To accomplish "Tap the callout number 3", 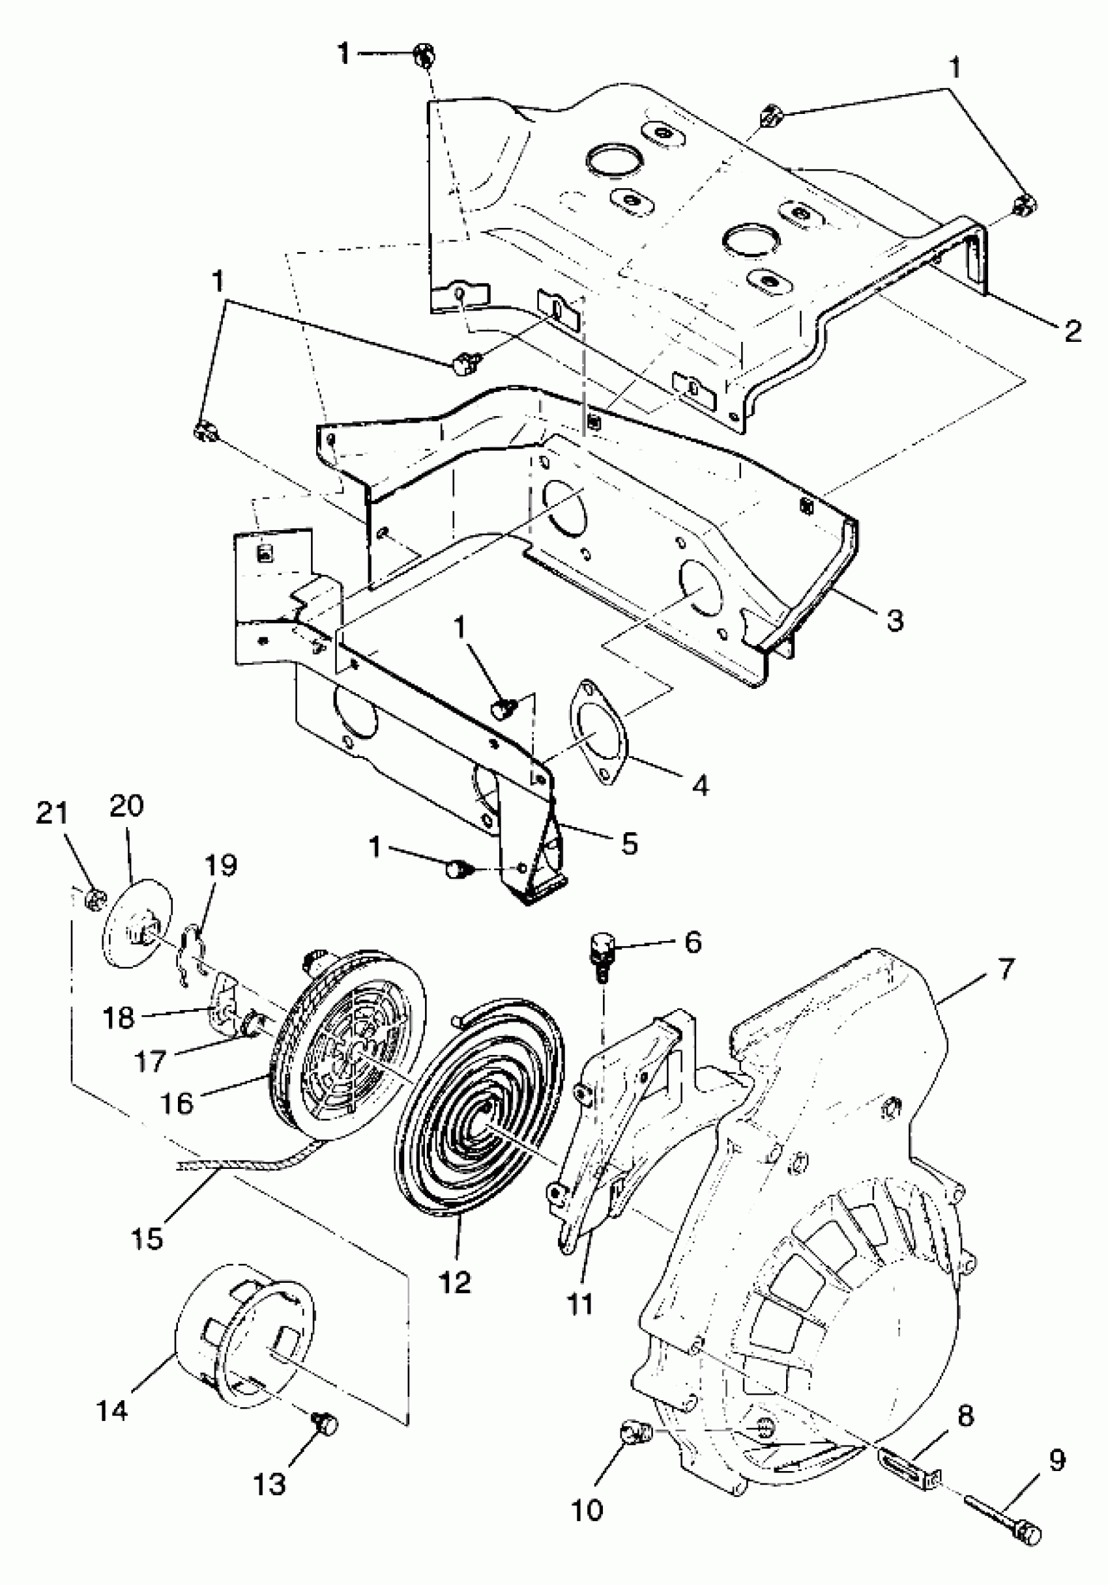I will coord(895,620).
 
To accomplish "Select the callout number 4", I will coord(701,785).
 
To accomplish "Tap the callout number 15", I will coord(148,1238).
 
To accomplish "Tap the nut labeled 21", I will coord(95,899).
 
